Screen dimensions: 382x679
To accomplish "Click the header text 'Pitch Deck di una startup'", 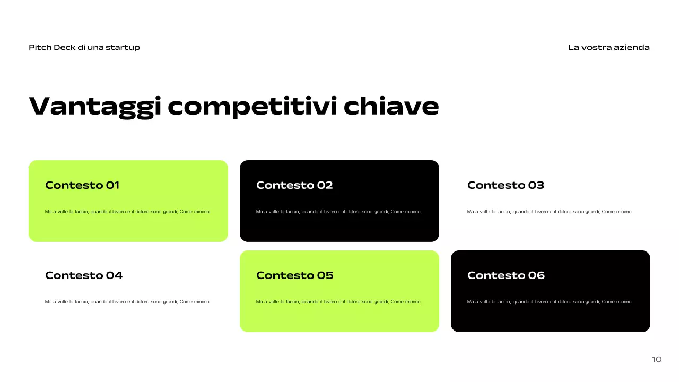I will [84, 47].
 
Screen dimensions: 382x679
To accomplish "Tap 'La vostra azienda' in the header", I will [608, 47].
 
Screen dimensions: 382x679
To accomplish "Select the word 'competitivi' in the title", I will [253, 106].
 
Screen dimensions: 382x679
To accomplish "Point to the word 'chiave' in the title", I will [391, 106].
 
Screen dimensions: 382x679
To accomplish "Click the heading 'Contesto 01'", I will [82, 185].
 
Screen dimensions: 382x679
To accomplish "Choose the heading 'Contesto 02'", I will [294, 185].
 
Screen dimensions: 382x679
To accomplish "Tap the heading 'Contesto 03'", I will [506, 185].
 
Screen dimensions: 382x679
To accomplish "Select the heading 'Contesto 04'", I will [84, 275].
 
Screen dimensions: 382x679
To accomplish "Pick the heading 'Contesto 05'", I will [295, 275].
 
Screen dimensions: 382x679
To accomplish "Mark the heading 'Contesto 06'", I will [506, 275].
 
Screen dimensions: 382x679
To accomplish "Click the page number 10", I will [657, 359].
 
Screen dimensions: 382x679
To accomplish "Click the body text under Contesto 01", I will [128, 212].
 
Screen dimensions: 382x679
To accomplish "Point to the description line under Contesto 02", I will [339, 212].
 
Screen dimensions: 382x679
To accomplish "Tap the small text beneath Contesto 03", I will [550, 212].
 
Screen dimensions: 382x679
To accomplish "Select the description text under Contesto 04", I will [128, 302].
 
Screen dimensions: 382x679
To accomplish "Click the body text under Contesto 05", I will [339, 302].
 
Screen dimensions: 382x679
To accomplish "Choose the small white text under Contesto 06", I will [550, 302].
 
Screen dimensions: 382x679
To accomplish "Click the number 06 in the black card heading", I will [536, 275].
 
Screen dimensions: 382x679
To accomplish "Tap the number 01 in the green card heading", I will [113, 185].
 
